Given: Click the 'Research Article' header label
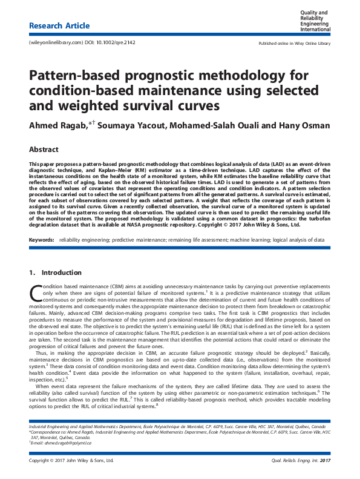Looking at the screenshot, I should tap(59, 26).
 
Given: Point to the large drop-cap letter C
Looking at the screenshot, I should tap(35, 294).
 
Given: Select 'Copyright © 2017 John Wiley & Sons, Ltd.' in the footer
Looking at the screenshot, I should tap(71, 460).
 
